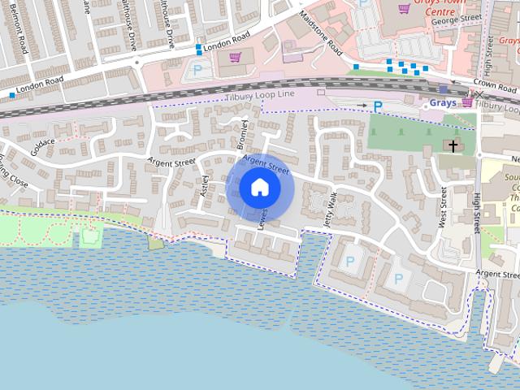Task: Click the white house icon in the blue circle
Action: [x=260, y=188]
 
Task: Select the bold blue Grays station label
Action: [x=443, y=104]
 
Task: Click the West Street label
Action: [x=444, y=208]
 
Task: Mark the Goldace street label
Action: [x=42, y=146]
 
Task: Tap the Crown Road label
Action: [x=495, y=88]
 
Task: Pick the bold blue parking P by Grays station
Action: [x=378, y=105]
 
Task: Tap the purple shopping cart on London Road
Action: [x=235, y=57]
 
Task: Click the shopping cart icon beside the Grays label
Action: [x=467, y=103]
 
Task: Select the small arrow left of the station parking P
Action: [x=362, y=105]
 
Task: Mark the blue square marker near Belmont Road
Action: [x=12, y=95]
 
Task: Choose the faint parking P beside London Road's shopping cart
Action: [x=197, y=70]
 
